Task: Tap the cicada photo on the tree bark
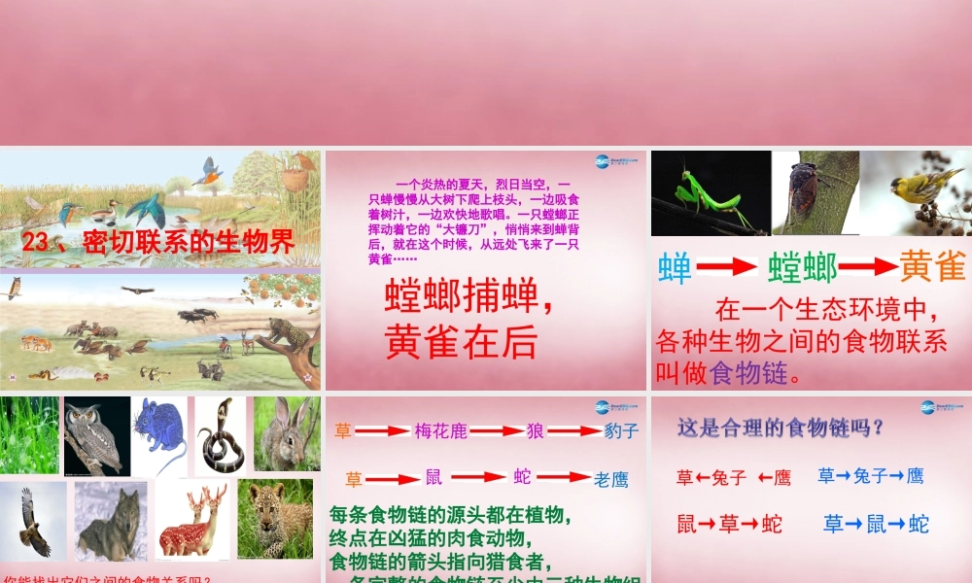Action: click(x=815, y=192)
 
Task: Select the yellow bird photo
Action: click(x=915, y=192)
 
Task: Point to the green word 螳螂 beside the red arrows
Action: click(x=803, y=267)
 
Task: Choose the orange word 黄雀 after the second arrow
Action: click(x=932, y=266)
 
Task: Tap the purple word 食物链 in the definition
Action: click(x=746, y=372)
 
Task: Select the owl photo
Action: click(x=97, y=436)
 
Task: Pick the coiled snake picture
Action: click(x=222, y=435)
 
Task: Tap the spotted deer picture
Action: click(x=193, y=521)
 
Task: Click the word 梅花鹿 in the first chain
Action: click(x=440, y=430)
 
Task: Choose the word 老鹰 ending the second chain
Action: click(x=611, y=479)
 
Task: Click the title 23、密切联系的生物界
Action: click(x=158, y=242)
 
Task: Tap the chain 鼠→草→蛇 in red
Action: click(x=729, y=525)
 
